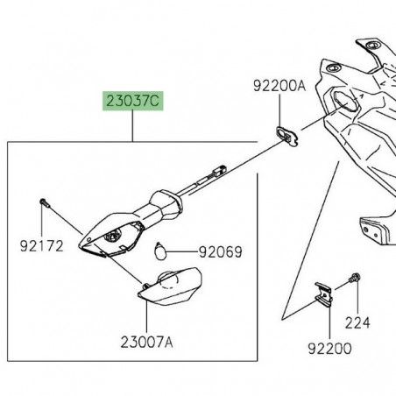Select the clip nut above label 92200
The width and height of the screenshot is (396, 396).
(x=323, y=293)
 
